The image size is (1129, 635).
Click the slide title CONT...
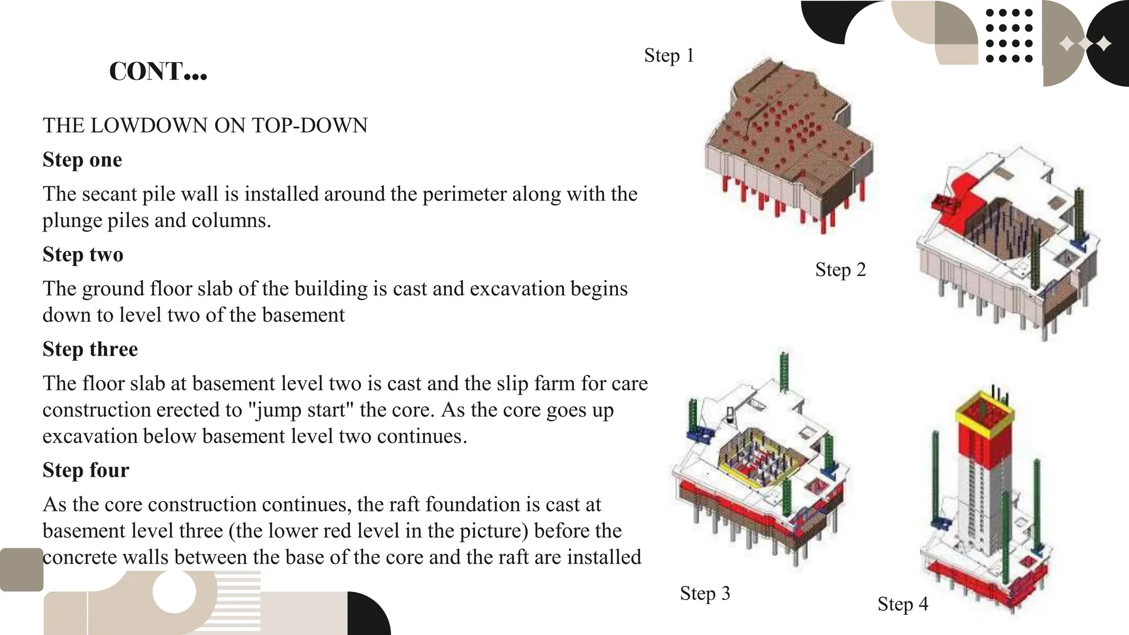pyautogui.click(x=158, y=72)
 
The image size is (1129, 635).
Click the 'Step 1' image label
pyautogui.click(x=669, y=56)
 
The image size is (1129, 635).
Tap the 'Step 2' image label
pyautogui.click(x=840, y=270)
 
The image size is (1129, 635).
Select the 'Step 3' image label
pyautogui.click(x=705, y=594)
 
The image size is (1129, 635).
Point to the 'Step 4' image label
pyautogui.click(x=902, y=604)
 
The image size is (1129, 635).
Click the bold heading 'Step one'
pyautogui.click(x=82, y=160)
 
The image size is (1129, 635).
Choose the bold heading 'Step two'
pyautogui.click(x=83, y=255)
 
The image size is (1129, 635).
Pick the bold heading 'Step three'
pyautogui.click(x=90, y=349)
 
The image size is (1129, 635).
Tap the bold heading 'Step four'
pyautogui.click(x=85, y=470)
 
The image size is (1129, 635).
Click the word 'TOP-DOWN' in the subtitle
pyautogui.click(x=310, y=126)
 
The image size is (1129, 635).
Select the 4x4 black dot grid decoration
pyautogui.click(x=1008, y=35)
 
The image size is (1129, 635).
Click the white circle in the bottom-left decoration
pyautogui.click(x=174, y=592)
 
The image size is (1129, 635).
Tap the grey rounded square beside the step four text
pyautogui.click(x=21, y=569)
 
